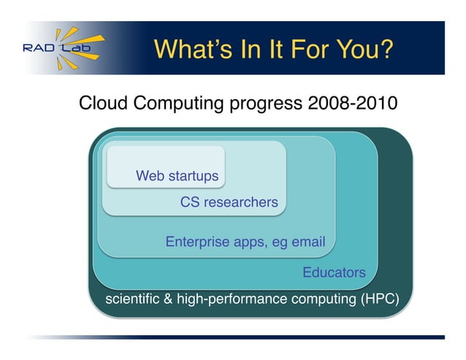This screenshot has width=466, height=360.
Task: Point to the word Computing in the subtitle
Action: pyautogui.click(x=177, y=103)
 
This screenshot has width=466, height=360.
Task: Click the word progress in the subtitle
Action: pyautogui.click(x=266, y=103)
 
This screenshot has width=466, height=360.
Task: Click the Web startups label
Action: pyautogui.click(x=177, y=176)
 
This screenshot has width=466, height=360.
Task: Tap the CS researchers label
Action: pyautogui.click(x=229, y=202)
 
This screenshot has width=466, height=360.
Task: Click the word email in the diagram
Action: pyautogui.click(x=308, y=242)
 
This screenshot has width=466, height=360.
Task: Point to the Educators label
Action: pyautogui.click(x=334, y=272)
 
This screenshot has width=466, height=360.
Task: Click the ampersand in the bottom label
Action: pyautogui.click(x=171, y=299)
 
